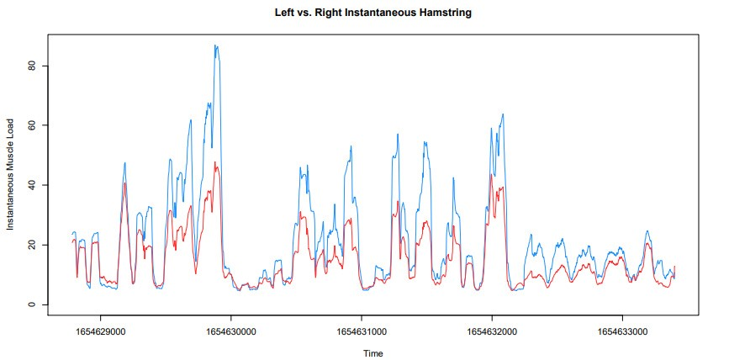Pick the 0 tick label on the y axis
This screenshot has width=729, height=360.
click(x=34, y=304)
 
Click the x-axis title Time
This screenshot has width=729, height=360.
click(x=372, y=353)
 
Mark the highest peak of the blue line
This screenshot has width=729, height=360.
click(x=216, y=45)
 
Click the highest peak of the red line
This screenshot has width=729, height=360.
click(x=215, y=162)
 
